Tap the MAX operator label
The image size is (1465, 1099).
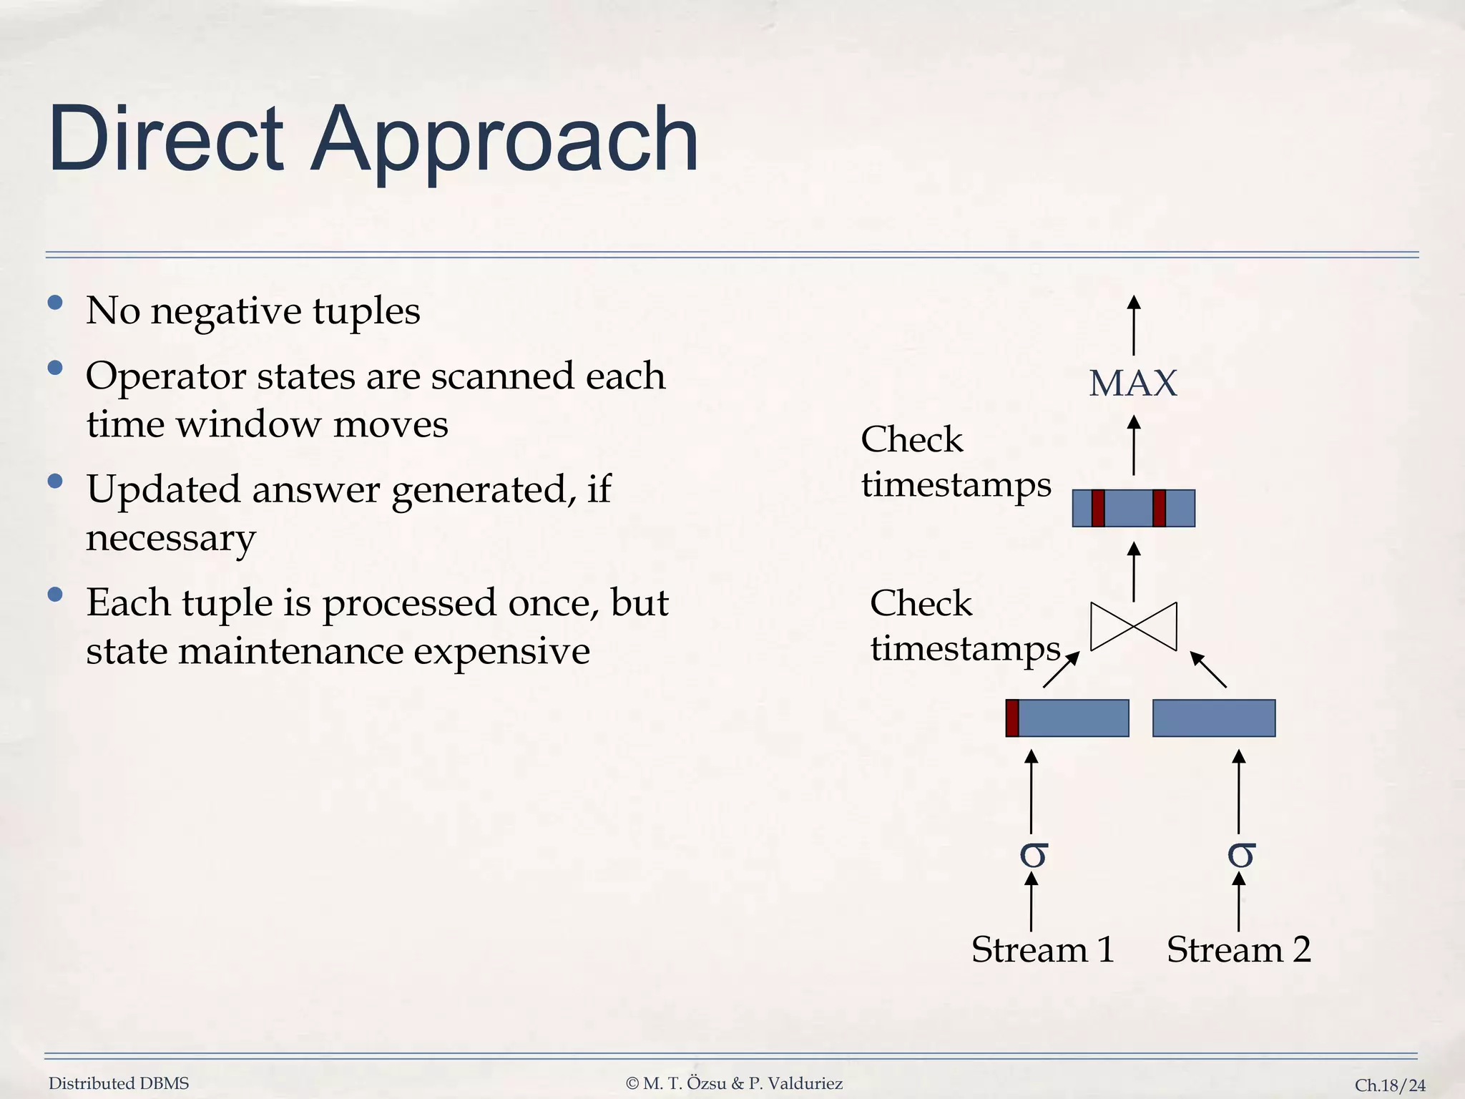point(1132,384)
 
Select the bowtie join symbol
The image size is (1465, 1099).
point(1133,627)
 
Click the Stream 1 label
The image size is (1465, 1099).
point(1043,950)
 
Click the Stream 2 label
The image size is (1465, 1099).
point(1238,950)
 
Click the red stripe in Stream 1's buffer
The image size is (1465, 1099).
point(1012,718)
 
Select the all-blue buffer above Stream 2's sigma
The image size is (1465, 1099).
point(1214,718)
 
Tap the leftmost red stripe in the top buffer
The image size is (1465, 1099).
point(1098,508)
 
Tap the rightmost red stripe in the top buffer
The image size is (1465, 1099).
point(1160,508)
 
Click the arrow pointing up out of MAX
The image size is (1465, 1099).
point(1133,326)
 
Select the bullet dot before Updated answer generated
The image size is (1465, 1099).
point(55,481)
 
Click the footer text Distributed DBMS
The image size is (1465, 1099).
point(119,1083)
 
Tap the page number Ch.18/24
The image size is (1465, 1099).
point(1390,1085)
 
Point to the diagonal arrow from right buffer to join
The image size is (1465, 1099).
point(1208,669)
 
